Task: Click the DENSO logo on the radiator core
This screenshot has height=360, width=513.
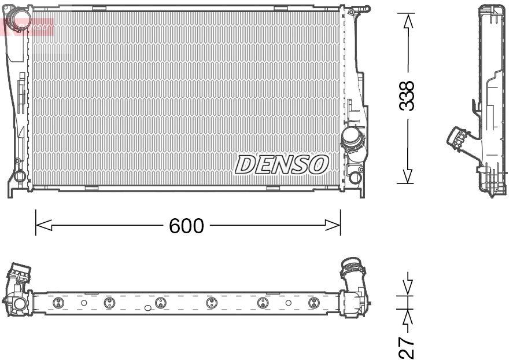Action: [282, 165]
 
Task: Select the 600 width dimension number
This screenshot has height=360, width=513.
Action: [186, 226]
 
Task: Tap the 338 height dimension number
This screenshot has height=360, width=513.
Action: [408, 95]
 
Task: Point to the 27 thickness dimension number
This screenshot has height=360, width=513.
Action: [408, 346]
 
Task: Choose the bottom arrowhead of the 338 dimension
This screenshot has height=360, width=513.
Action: [408, 175]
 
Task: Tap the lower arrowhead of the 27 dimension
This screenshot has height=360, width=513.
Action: [408, 317]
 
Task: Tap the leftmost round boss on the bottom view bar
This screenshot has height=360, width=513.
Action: [57, 303]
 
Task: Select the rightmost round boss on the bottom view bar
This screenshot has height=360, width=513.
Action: [313, 303]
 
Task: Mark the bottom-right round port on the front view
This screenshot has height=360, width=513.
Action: [355, 178]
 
